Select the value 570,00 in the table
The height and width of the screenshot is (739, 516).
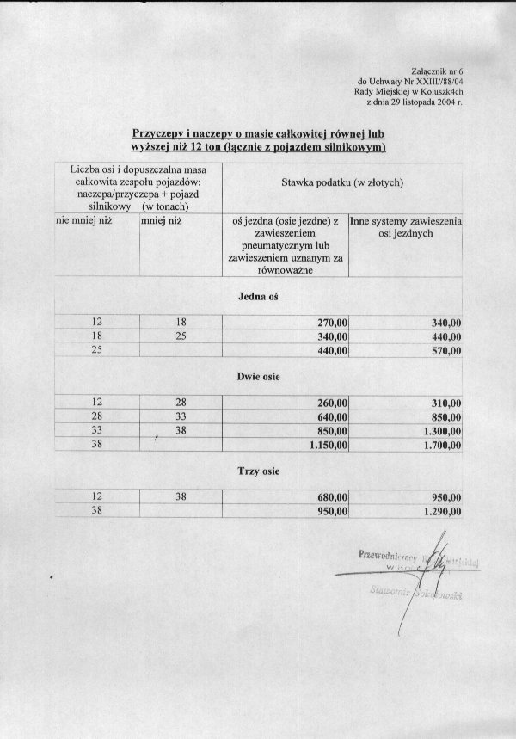click(445, 351)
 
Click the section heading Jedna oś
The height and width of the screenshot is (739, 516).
click(256, 297)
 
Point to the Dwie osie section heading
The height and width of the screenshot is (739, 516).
click(258, 376)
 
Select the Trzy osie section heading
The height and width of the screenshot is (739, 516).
click(257, 471)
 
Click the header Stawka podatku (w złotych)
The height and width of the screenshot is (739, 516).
click(342, 183)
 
